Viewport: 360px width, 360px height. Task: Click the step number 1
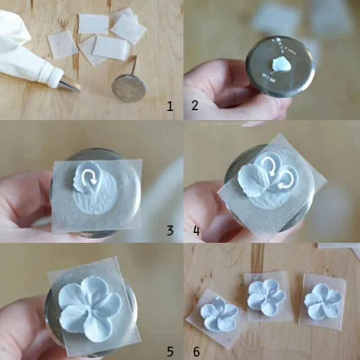170,107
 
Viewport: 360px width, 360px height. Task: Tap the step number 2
195,107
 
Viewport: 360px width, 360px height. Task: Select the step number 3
170,231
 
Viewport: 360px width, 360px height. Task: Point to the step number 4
196,231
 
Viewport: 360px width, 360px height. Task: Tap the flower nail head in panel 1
129,87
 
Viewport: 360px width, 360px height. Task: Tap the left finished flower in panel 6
219,312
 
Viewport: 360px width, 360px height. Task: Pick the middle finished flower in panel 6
266,297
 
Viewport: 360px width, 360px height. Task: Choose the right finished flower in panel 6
322,301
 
